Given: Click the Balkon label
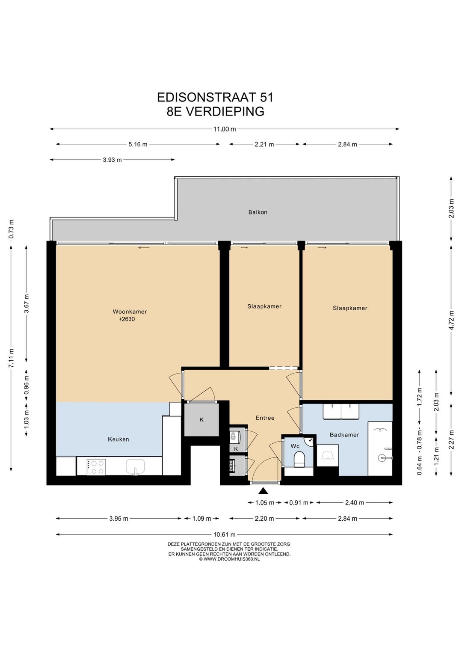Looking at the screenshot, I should click(x=258, y=212).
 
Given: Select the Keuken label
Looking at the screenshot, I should click(x=118, y=439).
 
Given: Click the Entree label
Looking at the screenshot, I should click(x=265, y=418).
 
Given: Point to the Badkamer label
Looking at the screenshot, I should click(x=344, y=435).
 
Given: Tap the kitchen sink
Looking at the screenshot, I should click(x=136, y=466).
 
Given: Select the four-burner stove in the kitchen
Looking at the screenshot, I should click(x=96, y=466).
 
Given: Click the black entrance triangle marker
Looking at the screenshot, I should click(x=263, y=491).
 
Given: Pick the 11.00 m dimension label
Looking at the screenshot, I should click(x=225, y=129).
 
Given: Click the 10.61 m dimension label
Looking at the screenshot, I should click(x=225, y=534).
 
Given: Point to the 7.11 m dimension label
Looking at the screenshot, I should click(x=12, y=358).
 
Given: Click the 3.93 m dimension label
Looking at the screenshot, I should click(x=112, y=160).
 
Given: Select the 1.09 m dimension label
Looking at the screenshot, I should click(x=201, y=519).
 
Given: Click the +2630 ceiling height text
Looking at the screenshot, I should click(x=127, y=319).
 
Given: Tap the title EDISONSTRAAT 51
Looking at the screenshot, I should click(x=215, y=98).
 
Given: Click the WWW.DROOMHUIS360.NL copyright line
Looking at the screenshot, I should click(x=229, y=559).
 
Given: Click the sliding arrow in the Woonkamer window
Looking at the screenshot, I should click(x=144, y=248).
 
